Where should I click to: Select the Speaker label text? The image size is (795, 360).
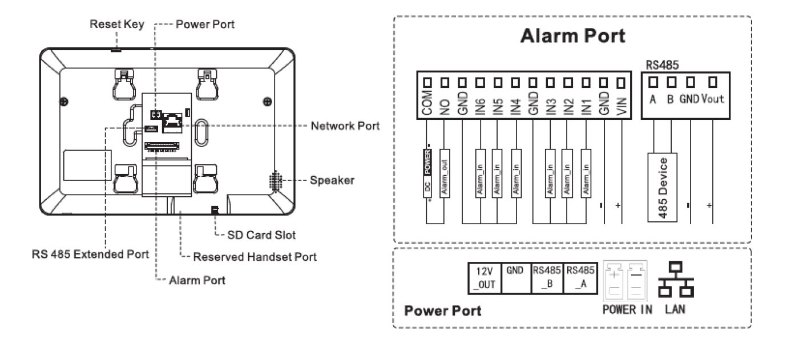[x=332, y=180]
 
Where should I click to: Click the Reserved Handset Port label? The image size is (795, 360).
[x=255, y=257]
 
